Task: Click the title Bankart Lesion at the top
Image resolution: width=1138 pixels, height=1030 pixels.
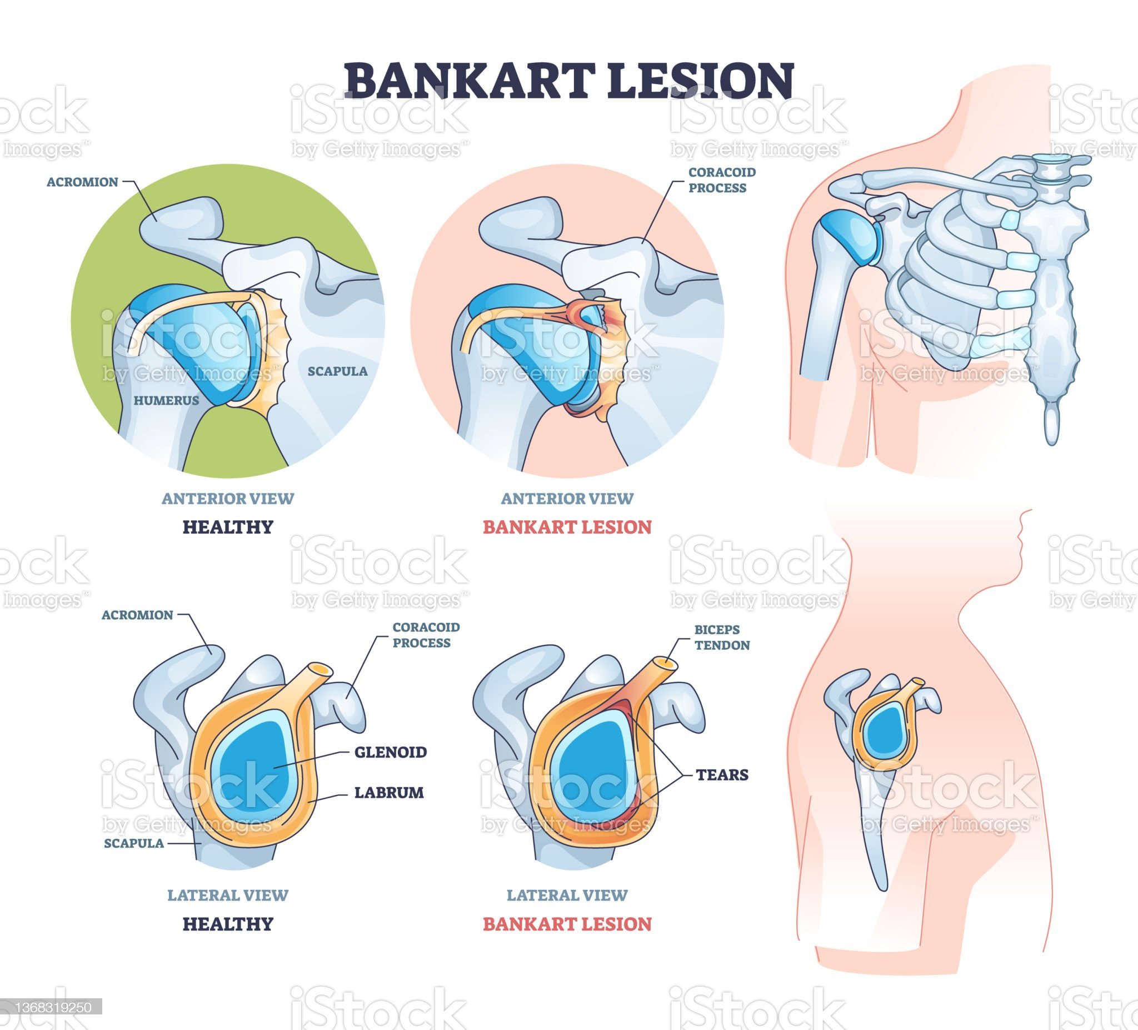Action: pyautogui.click(x=569, y=80)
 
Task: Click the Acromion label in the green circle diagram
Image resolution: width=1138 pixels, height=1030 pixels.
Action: pyautogui.click(x=82, y=182)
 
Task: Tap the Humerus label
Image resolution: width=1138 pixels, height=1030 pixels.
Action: pyautogui.click(x=166, y=400)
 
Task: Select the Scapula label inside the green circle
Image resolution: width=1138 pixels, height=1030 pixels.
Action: pyautogui.click(x=337, y=371)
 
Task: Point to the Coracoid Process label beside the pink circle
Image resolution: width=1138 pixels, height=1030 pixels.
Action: pyautogui.click(x=721, y=180)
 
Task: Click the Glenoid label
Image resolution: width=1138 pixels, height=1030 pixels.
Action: pyautogui.click(x=390, y=752)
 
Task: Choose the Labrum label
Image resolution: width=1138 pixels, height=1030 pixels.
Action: pyautogui.click(x=388, y=792)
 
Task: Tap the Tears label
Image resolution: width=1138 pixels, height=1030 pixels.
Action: pyautogui.click(x=721, y=774)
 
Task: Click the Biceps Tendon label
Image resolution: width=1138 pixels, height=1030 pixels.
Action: pyautogui.click(x=721, y=637)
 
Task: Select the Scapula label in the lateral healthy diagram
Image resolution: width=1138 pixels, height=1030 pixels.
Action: pyautogui.click(x=134, y=843)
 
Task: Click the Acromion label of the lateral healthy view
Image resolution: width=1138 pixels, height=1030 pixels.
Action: pyautogui.click(x=137, y=615)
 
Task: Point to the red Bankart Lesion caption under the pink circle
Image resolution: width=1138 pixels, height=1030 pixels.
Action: pyautogui.click(x=567, y=527)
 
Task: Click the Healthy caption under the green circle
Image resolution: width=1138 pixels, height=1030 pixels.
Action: pyautogui.click(x=227, y=527)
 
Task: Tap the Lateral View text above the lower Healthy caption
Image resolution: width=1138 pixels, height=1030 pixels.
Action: pyautogui.click(x=227, y=895)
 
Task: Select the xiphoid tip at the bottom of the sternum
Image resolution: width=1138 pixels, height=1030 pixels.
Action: pyautogui.click(x=1051, y=425)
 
